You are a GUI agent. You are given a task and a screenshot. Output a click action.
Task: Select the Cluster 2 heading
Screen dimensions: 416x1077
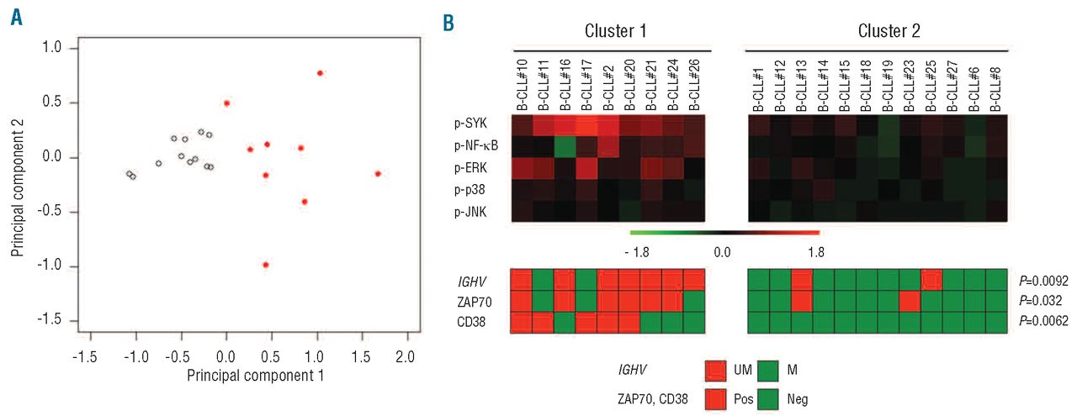tap(889, 31)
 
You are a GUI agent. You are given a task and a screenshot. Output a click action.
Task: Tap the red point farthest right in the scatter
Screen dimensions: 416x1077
tap(378, 174)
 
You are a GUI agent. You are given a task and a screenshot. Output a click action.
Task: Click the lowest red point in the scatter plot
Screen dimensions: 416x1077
tap(266, 265)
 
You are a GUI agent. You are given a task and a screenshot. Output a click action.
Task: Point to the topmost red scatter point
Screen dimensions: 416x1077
tap(320, 73)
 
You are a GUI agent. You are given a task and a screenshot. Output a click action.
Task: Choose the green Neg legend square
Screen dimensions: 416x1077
tap(770, 400)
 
